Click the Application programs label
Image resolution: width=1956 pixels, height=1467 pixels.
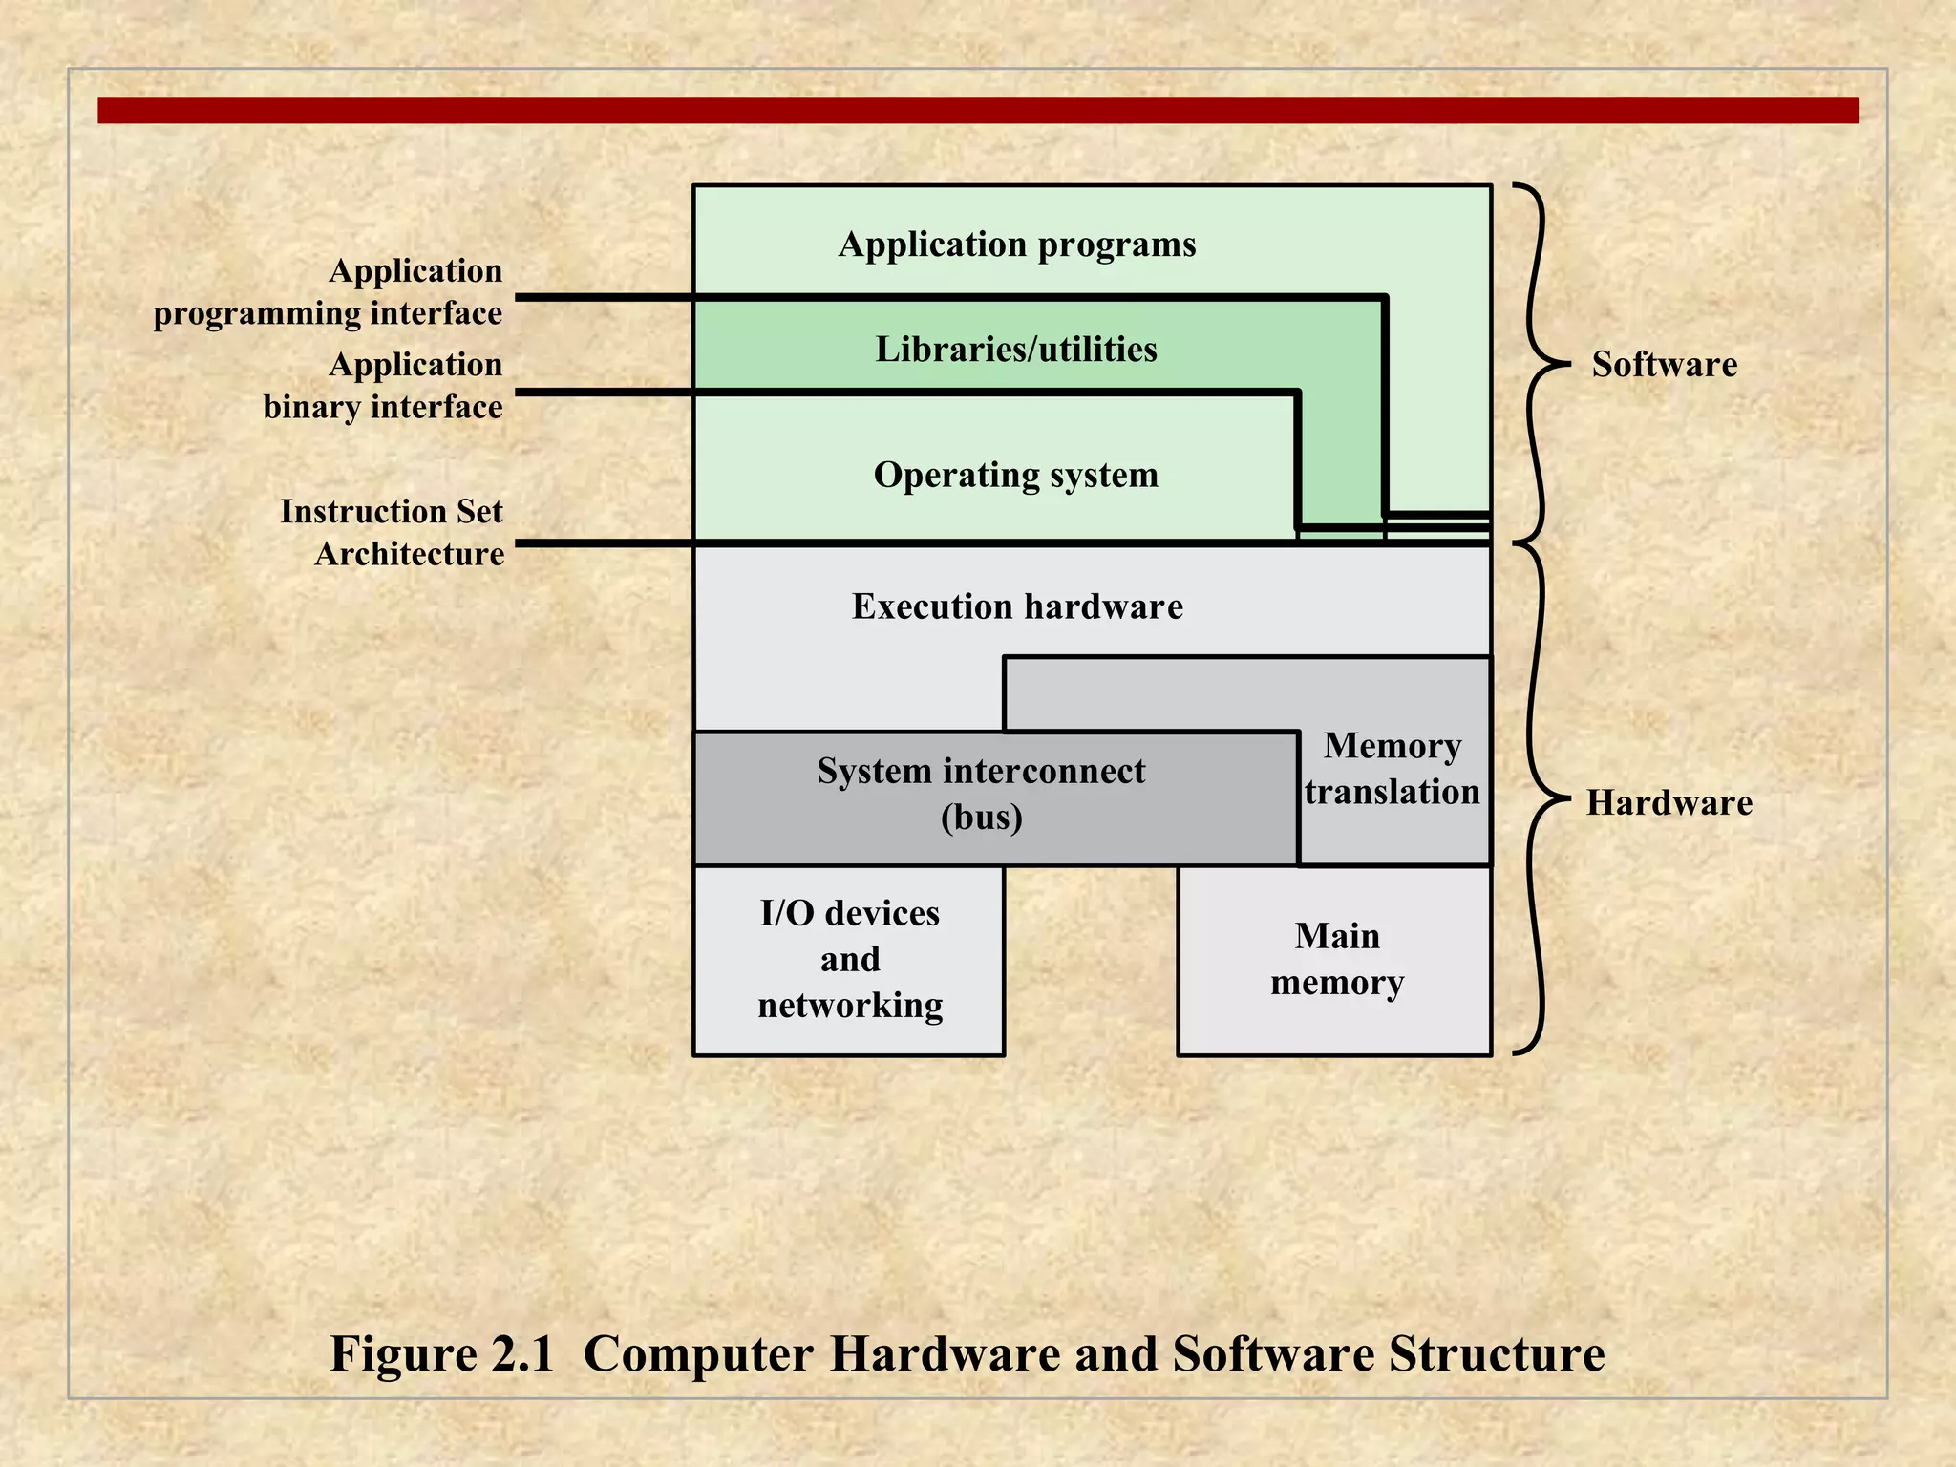point(1016,244)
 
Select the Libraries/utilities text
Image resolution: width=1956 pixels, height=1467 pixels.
point(1016,350)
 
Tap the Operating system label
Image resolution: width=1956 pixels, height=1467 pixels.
point(1015,475)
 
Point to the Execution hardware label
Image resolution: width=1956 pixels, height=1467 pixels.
point(1017,606)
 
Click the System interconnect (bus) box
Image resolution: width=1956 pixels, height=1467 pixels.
point(993,797)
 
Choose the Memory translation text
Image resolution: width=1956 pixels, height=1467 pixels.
point(1393,769)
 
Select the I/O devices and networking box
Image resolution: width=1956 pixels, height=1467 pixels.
point(849,959)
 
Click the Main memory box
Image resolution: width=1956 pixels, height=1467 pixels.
point(1335,959)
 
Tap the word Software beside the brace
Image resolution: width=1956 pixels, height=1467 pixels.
point(1664,364)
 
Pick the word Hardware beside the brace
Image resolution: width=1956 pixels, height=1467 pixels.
point(1669,802)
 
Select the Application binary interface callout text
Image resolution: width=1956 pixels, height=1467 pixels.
point(383,385)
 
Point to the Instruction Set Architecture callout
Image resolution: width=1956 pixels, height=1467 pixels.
point(392,532)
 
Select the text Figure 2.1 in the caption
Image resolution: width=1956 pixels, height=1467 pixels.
point(441,1353)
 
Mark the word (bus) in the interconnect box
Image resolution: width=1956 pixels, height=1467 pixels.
point(981,818)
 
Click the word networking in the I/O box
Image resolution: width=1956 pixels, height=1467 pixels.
point(850,1006)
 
